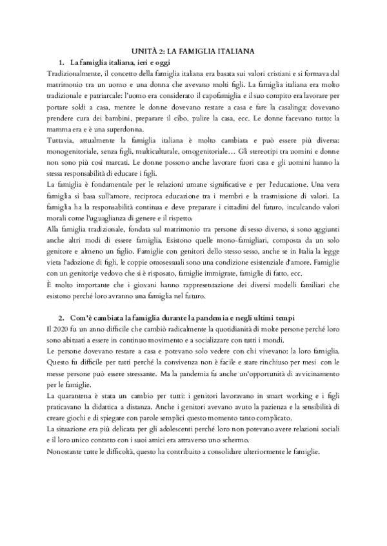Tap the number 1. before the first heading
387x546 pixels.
[x=62, y=62]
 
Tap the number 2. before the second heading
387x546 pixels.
[x=62, y=319]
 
